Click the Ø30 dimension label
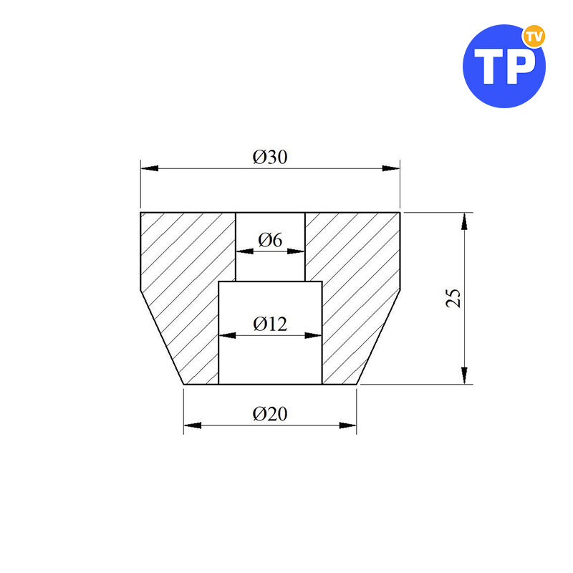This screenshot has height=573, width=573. pos(270,157)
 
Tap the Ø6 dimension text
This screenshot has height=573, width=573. pos(270,240)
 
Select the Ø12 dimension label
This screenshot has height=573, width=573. pos(270,324)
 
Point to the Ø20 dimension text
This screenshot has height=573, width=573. pos(270,414)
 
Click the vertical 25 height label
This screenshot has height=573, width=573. pos(453,298)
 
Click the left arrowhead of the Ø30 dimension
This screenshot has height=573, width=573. pos(150,168)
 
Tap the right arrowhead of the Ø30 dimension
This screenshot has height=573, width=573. pos(391,168)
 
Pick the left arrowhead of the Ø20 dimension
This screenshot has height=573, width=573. pos(192,425)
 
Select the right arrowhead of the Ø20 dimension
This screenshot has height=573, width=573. pos(347,425)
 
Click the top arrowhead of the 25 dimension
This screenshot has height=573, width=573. pos(464,221)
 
